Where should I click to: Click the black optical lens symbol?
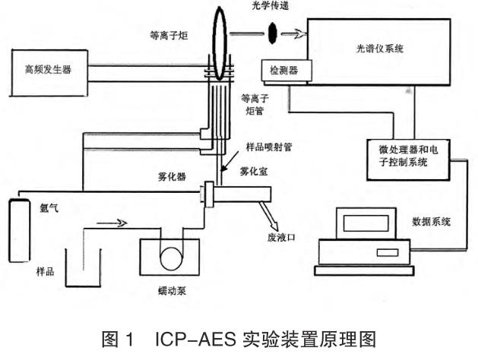(271, 33)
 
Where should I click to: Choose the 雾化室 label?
(252, 172)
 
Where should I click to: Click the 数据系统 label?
(431, 222)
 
